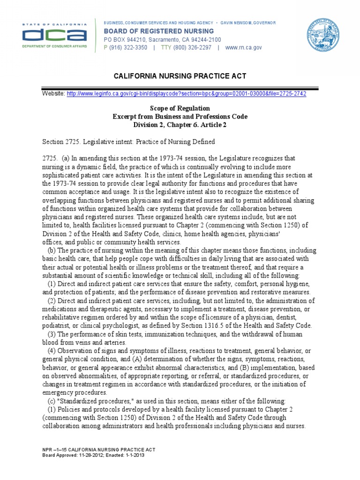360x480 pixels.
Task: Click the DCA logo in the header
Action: (x=55, y=35)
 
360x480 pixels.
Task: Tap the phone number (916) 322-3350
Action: (x=125, y=47)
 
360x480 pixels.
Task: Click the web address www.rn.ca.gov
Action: (x=243, y=47)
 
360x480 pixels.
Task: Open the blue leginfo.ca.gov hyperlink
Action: (x=187, y=94)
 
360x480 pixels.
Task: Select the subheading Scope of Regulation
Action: (x=180, y=108)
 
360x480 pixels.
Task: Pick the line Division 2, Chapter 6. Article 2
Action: (x=180, y=124)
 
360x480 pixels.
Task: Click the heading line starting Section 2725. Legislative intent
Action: (x=128, y=142)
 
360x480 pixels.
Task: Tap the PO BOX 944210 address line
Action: (x=162, y=40)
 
